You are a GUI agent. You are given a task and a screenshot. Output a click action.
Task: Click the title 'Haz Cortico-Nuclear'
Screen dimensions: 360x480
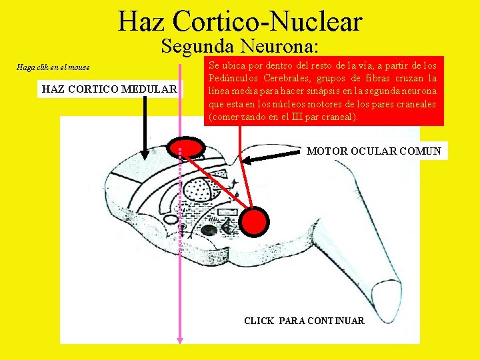click(x=240, y=21)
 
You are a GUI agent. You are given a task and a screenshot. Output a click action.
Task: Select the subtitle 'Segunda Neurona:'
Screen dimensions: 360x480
click(x=240, y=47)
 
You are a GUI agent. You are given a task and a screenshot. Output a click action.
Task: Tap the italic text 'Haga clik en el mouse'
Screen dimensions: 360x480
click(x=53, y=67)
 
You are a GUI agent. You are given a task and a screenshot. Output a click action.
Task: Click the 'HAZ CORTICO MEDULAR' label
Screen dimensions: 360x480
click(x=109, y=89)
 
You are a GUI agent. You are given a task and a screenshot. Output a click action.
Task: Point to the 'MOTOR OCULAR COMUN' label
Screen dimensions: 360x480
click(x=373, y=151)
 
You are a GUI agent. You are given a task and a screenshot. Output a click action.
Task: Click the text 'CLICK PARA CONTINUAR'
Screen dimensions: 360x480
click(x=304, y=321)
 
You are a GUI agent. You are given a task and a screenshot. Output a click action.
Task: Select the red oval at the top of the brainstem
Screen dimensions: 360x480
click(x=187, y=148)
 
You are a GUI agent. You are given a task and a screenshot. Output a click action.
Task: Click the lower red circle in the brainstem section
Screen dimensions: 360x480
click(x=254, y=221)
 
